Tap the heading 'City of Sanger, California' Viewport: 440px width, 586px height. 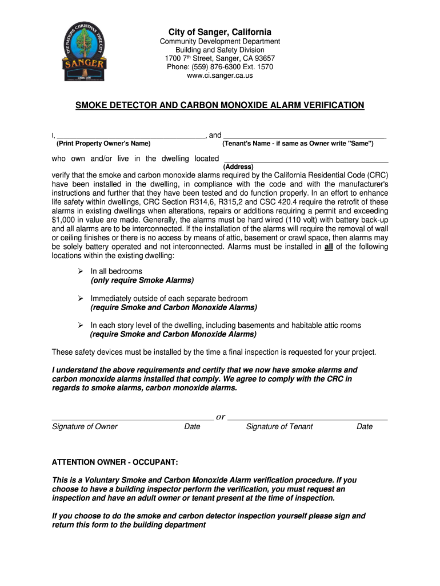click(x=220, y=32)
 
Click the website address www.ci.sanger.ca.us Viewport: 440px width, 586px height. click(x=220, y=76)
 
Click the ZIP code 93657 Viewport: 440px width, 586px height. click(x=265, y=58)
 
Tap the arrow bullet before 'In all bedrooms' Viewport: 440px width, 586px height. click(x=81, y=271)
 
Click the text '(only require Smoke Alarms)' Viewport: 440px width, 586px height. click(x=142, y=280)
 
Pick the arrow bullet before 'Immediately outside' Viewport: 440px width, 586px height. click(x=81, y=299)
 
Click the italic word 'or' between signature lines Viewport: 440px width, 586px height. click(x=220, y=417)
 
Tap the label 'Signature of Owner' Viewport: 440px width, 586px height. click(x=85, y=426)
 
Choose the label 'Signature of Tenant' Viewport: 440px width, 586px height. click(x=279, y=426)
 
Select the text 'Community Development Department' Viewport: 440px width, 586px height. click(x=220, y=41)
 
